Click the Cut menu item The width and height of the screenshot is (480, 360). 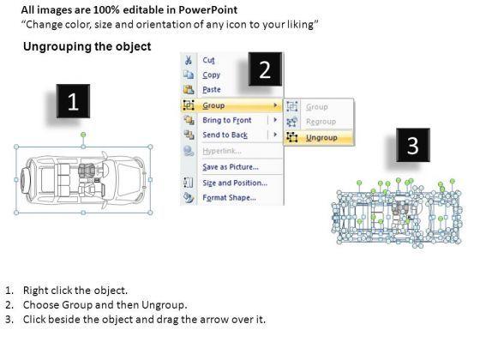click(x=208, y=60)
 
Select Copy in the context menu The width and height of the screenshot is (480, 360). click(x=211, y=75)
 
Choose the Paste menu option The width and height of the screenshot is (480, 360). click(x=212, y=90)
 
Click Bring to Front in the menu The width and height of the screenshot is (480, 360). click(x=227, y=120)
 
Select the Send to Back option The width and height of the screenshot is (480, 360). click(x=225, y=135)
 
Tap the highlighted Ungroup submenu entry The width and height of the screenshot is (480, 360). click(x=321, y=138)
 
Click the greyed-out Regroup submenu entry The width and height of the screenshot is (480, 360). click(x=321, y=122)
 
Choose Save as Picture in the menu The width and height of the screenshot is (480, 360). click(x=231, y=167)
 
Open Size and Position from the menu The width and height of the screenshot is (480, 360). click(x=235, y=183)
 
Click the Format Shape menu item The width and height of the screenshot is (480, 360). click(x=230, y=198)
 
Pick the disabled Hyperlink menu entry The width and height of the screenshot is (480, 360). click(x=222, y=151)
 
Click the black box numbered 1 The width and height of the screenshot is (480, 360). click(x=73, y=101)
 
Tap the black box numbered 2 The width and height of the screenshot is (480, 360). click(x=265, y=69)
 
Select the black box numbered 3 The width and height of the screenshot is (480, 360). click(x=413, y=145)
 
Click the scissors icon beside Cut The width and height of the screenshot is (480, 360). click(x=189, y=60)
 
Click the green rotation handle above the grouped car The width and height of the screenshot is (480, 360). click(x=83, y=135)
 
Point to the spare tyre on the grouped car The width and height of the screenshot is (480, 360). click(x=24, y=180)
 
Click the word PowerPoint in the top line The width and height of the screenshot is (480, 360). click(x=207, y=9)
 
